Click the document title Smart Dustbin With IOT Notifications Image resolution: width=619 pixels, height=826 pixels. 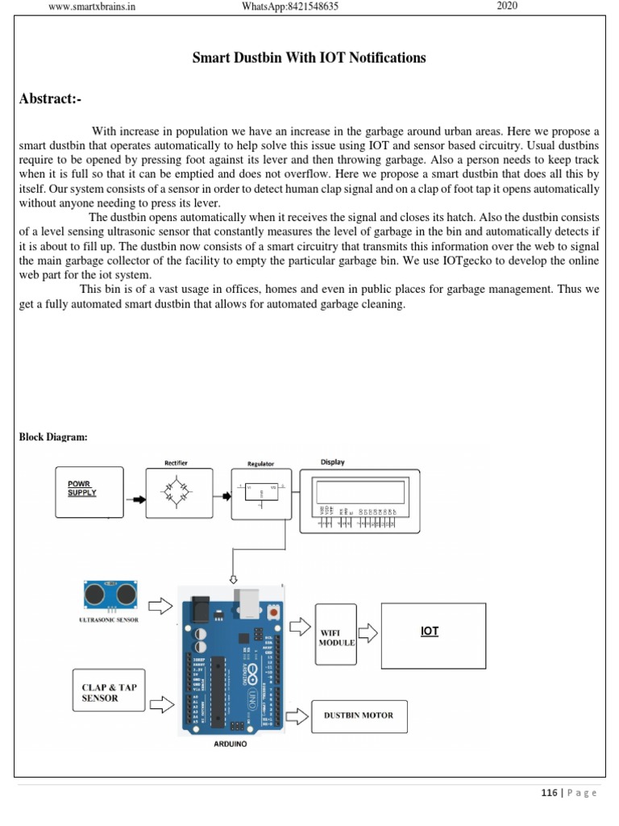[309, 58]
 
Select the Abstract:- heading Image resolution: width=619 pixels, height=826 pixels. [50, 99]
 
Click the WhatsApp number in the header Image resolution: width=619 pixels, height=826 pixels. [290, 7]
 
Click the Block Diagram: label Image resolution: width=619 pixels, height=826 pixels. [53, 436]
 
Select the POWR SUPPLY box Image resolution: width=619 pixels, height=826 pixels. [89, 492]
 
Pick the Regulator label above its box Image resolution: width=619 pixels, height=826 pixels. [260, 464]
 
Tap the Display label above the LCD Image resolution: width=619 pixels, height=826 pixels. [332, 462]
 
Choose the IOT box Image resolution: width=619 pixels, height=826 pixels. [433, 635]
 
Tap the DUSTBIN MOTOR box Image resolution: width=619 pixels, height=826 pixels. [359, 715]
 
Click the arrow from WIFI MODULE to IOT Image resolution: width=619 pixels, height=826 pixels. [368, 632]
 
